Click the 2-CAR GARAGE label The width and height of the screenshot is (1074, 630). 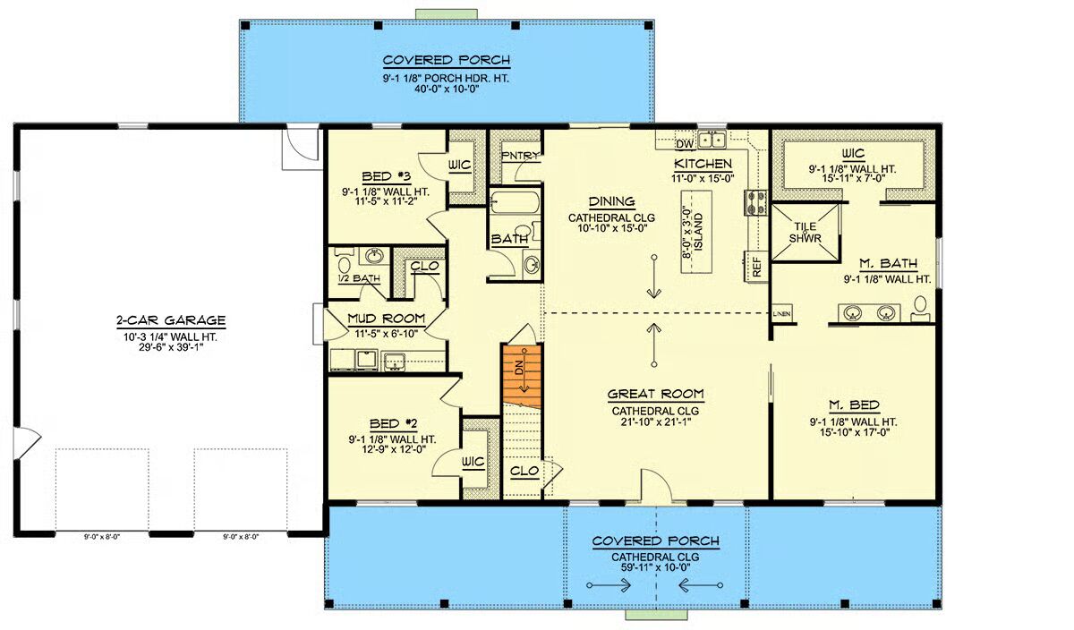(171, 320)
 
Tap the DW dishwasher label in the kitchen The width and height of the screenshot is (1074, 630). (685, 144)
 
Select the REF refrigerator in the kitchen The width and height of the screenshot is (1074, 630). (756, 267)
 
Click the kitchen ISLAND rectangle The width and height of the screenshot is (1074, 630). (696, 232)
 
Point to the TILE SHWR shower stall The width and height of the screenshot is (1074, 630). (805, 232)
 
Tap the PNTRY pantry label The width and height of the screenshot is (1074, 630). (520, 156)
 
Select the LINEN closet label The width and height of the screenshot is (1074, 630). (781, 313)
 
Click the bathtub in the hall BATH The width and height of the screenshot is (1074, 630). (515, 203)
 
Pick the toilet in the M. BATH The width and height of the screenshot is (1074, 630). (920, 308)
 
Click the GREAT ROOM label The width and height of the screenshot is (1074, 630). (655, 394)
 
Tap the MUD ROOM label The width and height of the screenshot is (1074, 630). (386, 319)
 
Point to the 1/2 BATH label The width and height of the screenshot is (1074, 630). (359, 278)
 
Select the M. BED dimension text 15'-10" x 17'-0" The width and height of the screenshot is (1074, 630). (855, 432)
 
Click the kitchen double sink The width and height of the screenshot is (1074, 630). (712, 140)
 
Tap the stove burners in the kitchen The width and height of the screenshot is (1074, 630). (755, 202)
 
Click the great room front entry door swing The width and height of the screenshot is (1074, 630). (656, 487)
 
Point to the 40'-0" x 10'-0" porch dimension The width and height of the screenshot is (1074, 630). (447, 89)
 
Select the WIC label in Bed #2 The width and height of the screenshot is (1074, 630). (473, 462)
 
